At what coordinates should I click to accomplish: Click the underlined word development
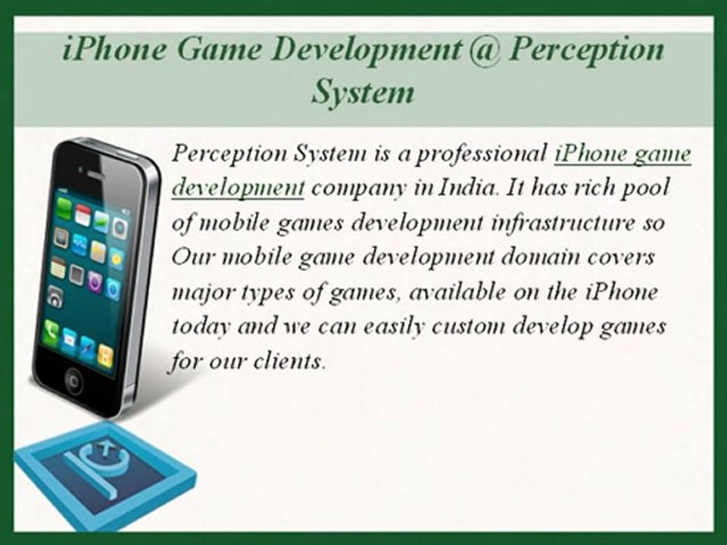[238, 188]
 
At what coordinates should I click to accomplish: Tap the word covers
[621, 257]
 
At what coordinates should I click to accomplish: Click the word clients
[292, 362]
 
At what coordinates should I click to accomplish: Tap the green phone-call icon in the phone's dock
[52, 330]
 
